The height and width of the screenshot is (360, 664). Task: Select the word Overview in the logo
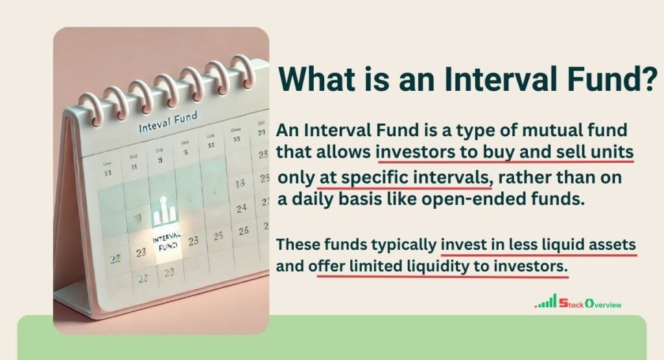click(x=602, y=303)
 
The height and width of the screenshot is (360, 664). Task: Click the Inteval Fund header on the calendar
click(x=168, y=123)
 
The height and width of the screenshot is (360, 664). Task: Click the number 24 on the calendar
click(x=241, y=208)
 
